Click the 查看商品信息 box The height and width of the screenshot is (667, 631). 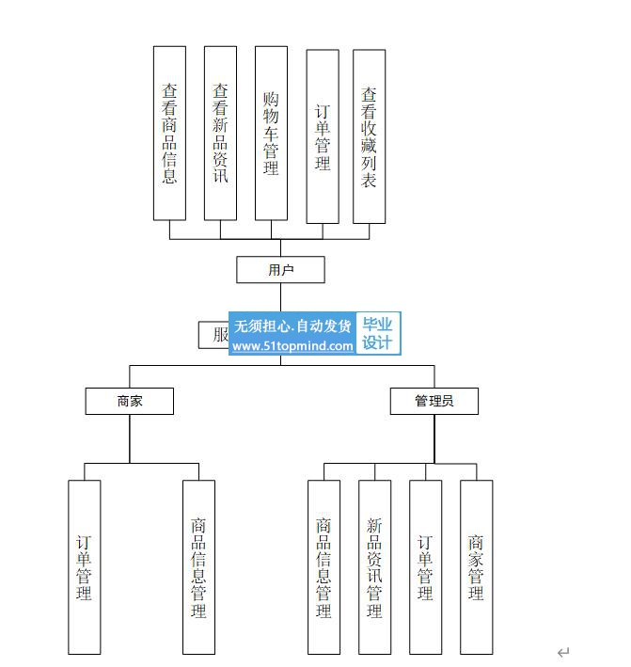coord(169,133)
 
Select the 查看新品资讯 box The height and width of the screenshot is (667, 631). coord(220,133)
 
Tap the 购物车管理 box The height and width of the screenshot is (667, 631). coord(271,133)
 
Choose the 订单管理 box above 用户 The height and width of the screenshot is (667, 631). coord(323,136)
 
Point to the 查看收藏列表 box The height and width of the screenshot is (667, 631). coord(369,136)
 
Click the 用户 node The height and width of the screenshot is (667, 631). coord(280,270)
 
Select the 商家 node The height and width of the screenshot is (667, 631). coord(130,401)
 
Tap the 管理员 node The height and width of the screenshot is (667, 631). coord(434,401)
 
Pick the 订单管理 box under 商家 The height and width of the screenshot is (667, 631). coord(85,567)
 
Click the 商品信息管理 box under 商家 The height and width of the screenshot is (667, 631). coord(198,567)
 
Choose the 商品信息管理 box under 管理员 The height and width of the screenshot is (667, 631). coord(323,567)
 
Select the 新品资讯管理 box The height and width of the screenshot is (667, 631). coord(374,567)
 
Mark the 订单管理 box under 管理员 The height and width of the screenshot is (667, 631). coord(425,567)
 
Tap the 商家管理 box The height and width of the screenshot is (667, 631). coord(476,567)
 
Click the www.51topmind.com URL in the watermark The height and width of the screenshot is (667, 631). coord(292,346)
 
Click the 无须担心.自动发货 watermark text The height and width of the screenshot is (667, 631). coord(292,326)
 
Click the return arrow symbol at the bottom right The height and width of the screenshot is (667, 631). coord(563,652)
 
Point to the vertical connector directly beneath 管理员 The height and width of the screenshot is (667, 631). coord(434,438)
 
